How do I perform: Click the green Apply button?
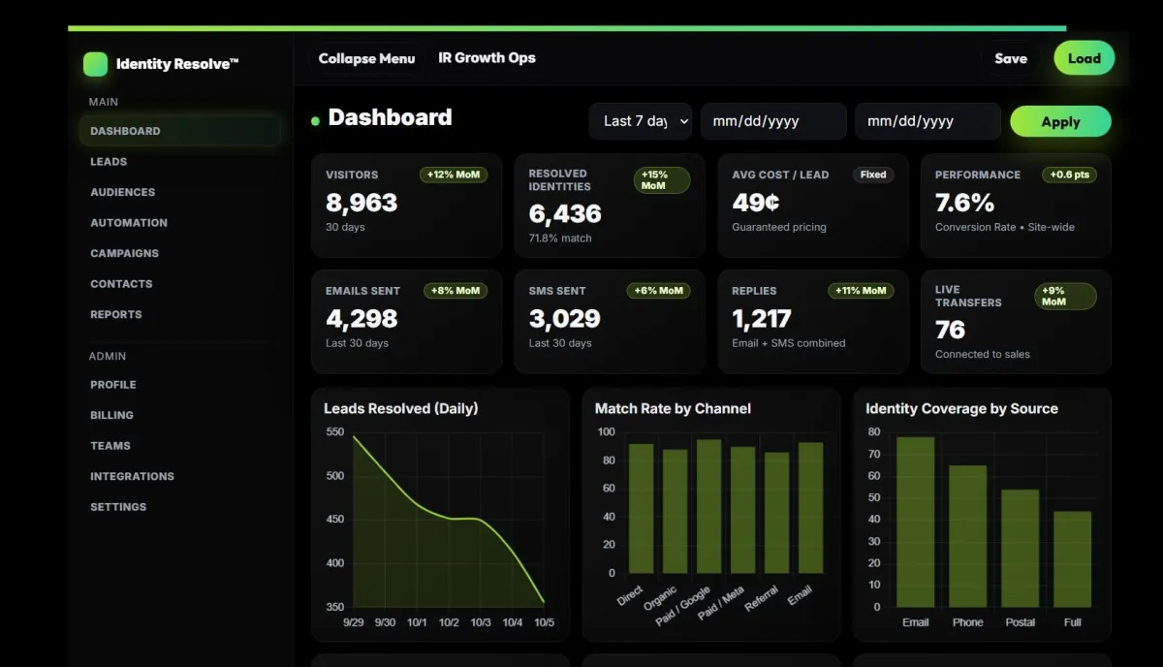tap(1060, 121)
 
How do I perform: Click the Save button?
tap(1010, 58)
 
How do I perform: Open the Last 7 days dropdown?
tap(641, 121)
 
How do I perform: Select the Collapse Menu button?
tap(366, 58)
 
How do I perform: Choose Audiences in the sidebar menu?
tap(122, 192)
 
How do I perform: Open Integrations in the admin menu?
tap(132, 476)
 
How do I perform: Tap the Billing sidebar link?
tap(111, 415)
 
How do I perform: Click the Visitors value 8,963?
tap(361, 203)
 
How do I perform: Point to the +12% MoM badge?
tap(454, 175)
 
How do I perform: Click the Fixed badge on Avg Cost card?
tap(872, 175)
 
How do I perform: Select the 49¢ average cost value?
tap(756, 203)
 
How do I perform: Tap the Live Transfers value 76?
tap(950, 330)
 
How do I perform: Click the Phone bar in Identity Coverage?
tap(967, 536)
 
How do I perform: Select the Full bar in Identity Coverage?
tap(1072, 558)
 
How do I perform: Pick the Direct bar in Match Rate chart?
tap(641, 508)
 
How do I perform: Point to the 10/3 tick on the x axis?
tap(481, 622)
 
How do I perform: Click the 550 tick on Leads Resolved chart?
tap(334, 432)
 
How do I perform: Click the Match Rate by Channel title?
tap(673, 408)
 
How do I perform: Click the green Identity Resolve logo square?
tap(95, 64)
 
